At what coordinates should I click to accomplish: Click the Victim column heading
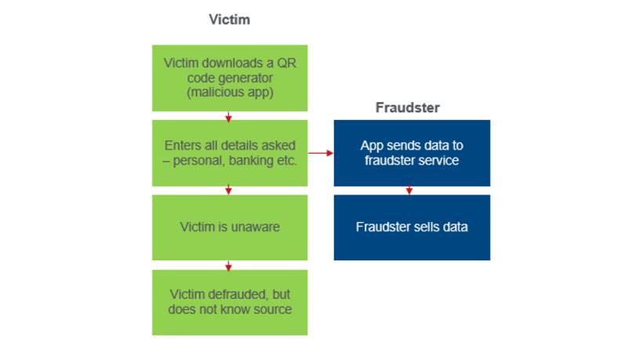(x=229, y=20)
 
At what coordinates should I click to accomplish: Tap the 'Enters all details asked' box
(x=229, y=153)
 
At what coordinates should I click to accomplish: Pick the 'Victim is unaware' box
(x=229, y=227)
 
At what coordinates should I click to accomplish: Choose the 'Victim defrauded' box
(x=229, y=302)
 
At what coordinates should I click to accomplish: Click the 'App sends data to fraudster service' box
(x=411, y=153)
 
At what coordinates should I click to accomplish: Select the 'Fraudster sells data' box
(x=411, y=227)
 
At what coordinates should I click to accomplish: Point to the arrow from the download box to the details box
(x=229, y=116)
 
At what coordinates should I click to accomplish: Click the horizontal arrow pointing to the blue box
(x=321, y=154)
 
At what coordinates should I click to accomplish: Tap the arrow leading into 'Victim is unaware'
(x=229, y=191)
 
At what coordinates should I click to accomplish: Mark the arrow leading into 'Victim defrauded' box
(x=229, y=265)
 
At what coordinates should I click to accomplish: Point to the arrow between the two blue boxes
(x=409, y=191)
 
